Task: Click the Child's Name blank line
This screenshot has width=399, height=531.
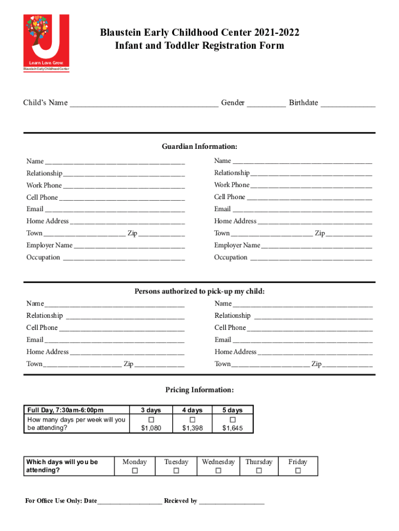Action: (144, 104)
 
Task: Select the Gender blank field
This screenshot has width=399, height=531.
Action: (266, 104)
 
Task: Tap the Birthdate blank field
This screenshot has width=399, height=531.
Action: (347, 104)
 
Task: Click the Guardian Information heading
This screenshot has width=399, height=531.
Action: (199, 147)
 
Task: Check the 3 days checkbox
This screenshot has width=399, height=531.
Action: (151, 419)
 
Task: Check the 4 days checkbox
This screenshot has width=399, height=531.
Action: (192, 419)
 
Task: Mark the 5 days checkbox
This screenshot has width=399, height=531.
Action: (233, 419)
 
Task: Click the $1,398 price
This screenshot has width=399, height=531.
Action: (192, 428)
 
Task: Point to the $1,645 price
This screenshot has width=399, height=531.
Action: (233, 428)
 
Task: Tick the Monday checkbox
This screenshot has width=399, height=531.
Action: (135, 471)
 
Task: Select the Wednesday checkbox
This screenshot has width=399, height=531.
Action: (218, 471)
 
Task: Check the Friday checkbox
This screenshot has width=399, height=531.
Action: (297, 471)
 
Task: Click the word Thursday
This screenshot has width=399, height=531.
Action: (259, 462)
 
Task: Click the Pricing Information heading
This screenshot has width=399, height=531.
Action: (199, 390)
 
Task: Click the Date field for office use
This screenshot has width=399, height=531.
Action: (129, 501)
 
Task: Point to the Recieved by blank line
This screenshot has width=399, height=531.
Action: (232, 501)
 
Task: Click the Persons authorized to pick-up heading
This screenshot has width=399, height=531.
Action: (199, 291)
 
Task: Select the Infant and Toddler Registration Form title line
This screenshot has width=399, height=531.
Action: (199, 46)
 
